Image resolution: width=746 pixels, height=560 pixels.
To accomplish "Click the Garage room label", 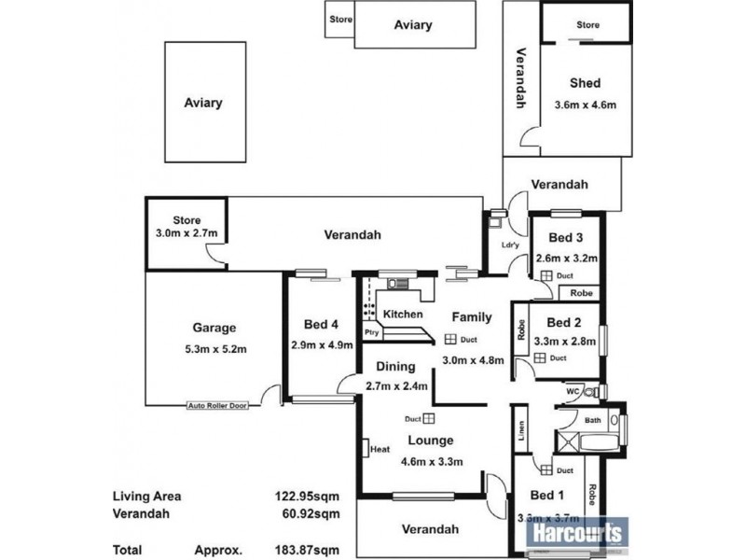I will pos(214,328).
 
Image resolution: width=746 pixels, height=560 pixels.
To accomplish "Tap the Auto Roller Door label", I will pos(218,406).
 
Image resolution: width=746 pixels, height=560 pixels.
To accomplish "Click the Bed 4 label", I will pos(321,325).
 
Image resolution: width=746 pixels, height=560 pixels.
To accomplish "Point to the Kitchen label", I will pos(403,315).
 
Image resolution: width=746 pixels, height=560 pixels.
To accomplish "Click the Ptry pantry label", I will pos(371,331).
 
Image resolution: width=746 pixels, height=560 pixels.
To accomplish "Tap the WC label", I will pos(573,392).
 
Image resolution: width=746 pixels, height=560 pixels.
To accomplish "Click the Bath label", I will pos(593,421).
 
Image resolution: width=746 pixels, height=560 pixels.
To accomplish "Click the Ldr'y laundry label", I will pos(509,245).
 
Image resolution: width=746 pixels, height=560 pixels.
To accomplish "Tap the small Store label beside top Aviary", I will pos(338,19).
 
